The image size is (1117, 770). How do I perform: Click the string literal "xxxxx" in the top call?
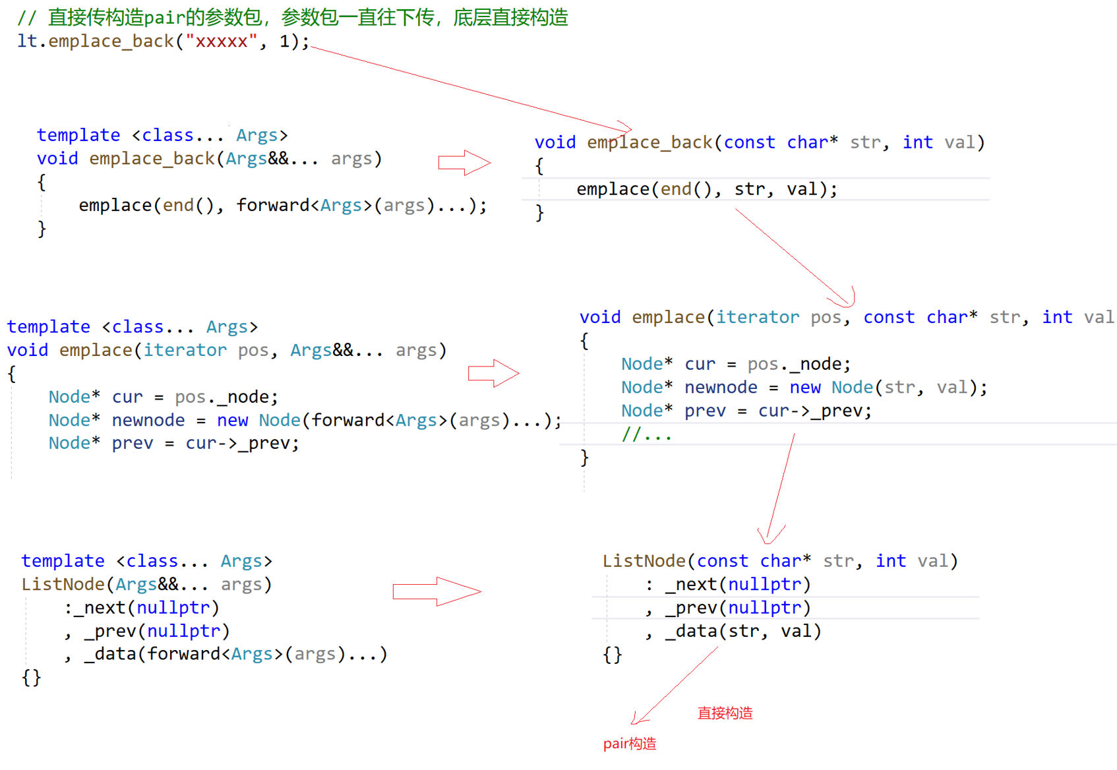click(x=221, y=42)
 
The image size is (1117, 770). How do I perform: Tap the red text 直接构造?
click(x=725, y=713)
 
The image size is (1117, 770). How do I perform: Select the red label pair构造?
click(x=630, y=744)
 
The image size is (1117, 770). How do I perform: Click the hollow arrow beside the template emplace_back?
click(x=464, y=163)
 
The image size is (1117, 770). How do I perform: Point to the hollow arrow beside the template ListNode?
click(x=437, y=591)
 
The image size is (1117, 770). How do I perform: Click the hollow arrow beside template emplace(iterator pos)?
click(x=493, y=374)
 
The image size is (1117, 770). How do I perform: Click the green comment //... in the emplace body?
click(x=646, y=434)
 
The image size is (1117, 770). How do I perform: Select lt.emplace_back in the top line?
click(x=96, y=42)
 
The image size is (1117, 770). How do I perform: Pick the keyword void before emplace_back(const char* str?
click(x=555, y=143)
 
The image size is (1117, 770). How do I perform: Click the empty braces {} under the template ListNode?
click(x=31, y=678)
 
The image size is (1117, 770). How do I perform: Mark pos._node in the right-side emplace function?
click(x=799, y=365)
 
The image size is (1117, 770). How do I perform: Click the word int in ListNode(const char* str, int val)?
click(x=890, y=561)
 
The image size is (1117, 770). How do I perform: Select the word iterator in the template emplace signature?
click(x=185, y=351)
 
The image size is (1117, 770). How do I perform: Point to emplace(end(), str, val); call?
click(x=706, y=190)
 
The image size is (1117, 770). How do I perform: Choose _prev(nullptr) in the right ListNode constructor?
click(x=738, y=608)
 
